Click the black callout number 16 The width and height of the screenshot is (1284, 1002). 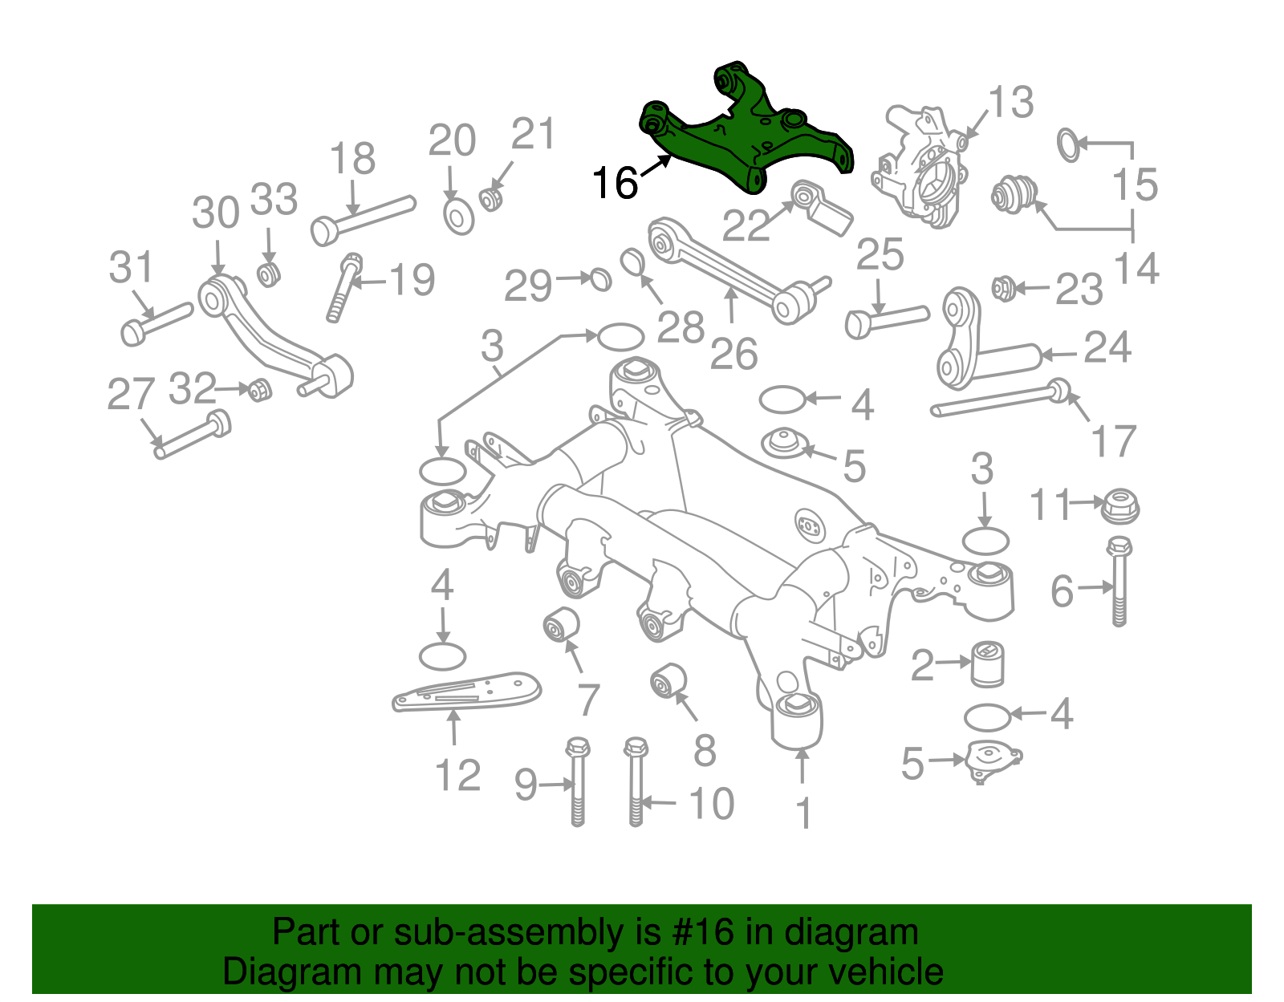tap(614, 183)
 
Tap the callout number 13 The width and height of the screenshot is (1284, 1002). tap(1010, 103)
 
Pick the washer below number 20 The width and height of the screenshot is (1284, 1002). tap(458, 217)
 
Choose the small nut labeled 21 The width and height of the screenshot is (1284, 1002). tap(490, 197)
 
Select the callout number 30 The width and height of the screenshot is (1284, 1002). tap(215, 213)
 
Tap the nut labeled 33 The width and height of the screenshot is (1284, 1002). tap(268, 273)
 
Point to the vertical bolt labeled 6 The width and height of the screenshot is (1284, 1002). tap(1119, 582)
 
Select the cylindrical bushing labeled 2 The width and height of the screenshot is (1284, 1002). tap(988, 663)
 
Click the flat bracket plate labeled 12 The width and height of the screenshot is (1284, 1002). tap(465, 692)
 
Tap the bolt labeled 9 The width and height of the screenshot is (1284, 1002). tap(577, 781)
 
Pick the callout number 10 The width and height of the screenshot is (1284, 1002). tap(711, 804)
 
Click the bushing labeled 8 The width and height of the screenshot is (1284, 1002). tap(668, 680)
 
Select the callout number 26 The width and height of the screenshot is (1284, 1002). tap(733, 354)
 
